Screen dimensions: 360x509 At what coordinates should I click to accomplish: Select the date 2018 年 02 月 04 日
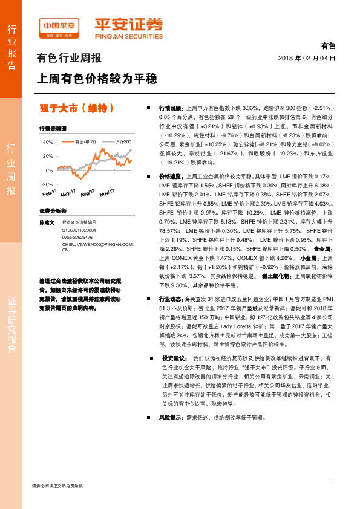(306, 59)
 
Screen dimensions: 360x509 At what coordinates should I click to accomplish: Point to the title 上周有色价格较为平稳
(97, 79)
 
